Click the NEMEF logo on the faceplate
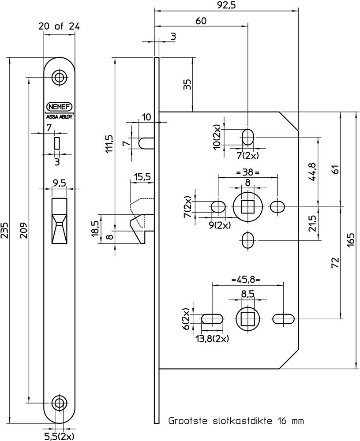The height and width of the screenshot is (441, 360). (x=60, y=106)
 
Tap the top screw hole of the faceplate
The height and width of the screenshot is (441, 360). (x=59, y=77)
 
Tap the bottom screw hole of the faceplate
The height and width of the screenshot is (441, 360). (x=59, y=402)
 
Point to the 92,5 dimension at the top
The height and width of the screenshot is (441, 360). (x=225, y=6)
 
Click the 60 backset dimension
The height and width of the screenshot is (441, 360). (x=201, y=21)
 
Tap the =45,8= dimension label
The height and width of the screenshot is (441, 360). (x=245, y=280)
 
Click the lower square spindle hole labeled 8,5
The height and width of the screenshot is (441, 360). (x=247, y=318)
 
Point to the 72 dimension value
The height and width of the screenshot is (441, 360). (x=335, y=263)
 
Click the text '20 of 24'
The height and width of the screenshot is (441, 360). (x=59, y=26)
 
